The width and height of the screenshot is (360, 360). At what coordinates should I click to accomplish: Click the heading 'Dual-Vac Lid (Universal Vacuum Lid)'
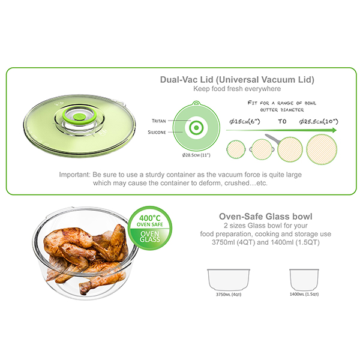(x=237, y=80)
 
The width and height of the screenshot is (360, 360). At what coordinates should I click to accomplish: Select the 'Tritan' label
(x=158, y=121)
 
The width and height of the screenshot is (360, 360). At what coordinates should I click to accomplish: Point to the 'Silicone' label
(x=157, y=132)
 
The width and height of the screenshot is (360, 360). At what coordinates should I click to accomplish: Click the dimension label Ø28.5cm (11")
(x=196, y=155)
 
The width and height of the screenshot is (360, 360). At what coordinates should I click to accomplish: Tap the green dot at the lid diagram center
(x=196, y=128)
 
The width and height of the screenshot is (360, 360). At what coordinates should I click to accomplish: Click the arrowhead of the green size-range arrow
(x=334, y=130)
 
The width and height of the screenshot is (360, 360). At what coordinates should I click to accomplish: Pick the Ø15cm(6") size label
(x=245, y=121)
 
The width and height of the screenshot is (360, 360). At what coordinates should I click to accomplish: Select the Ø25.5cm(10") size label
(x=319, y=121)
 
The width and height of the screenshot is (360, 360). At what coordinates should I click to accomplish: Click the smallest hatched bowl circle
(x=236, y=149)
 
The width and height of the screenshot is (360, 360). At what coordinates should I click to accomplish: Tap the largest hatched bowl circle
(x=322, y=149)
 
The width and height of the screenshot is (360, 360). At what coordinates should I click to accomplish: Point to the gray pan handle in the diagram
(x=272, y=139)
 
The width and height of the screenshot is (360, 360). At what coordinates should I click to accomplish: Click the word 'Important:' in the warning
(x=75, y=175)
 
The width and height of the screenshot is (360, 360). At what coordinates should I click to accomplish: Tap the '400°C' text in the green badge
(x=150, y=218)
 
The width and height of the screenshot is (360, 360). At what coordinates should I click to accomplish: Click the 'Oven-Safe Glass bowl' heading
(x=266, y=217)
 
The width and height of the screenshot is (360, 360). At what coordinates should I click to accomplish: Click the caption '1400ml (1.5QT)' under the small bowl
(x=304, y=295)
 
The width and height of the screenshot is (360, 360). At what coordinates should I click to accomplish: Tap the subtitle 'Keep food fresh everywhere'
(x=237, y=89)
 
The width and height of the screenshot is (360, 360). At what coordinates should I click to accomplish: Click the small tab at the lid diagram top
(x=196, y=103)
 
